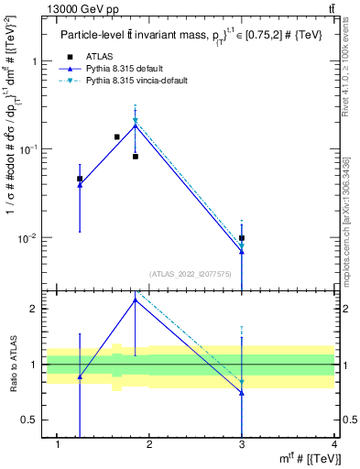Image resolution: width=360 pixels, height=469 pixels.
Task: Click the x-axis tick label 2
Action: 150,444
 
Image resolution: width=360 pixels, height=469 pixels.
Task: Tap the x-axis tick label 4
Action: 334,444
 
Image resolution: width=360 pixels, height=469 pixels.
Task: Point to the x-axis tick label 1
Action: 58,444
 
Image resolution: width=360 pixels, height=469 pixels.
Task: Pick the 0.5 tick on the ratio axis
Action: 27,420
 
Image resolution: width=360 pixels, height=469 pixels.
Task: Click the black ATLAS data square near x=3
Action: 242,238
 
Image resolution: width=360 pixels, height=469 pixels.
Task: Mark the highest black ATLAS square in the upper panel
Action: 117,136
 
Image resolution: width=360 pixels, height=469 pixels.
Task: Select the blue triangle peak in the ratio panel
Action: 136,300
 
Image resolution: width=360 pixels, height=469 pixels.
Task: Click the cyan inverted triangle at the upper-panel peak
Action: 136,121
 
